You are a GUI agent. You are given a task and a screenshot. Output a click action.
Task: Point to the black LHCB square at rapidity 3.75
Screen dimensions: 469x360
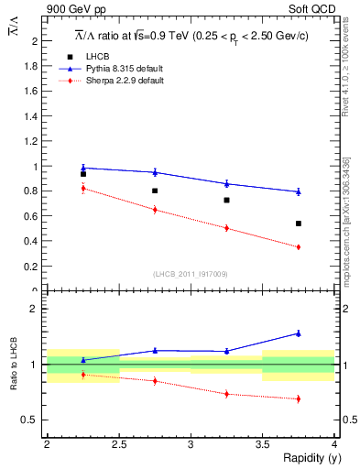(299, 224)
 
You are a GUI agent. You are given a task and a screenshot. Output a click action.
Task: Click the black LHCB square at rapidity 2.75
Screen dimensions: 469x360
(155, 191)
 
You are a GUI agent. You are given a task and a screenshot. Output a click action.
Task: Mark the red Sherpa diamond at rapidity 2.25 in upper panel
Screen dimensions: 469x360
(83, 188)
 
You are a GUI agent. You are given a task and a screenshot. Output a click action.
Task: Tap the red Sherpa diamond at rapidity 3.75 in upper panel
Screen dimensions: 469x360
(299, 246)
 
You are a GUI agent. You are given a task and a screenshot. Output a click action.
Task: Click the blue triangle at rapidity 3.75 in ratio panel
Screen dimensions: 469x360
(299, 333)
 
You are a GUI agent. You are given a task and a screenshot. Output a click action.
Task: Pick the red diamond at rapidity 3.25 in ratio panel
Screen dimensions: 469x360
(226, 394)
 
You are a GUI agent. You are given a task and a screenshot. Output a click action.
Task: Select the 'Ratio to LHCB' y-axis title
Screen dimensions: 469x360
(13, 368)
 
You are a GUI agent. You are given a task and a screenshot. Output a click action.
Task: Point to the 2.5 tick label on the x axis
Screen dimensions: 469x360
(119, 444)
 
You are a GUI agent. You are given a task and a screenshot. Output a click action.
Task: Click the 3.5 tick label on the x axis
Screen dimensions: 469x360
(262, 444)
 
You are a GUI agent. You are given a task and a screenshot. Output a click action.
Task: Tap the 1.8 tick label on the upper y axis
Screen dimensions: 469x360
(33, 66)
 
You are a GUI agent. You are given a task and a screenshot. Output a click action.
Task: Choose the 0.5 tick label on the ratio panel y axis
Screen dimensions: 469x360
(33, 420)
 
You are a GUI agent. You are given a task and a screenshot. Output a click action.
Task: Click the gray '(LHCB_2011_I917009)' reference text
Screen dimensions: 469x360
(190, 274)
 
